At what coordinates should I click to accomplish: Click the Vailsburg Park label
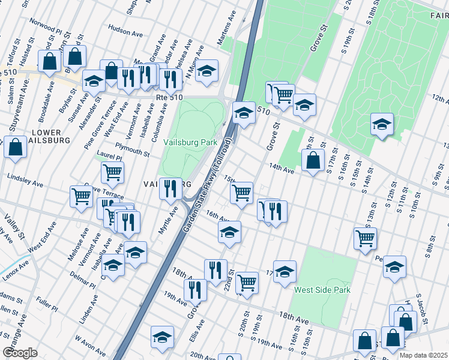[x=190, y=143]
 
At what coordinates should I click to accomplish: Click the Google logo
[x=20, y=352]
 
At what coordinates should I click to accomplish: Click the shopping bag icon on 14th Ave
[x=313, y=160]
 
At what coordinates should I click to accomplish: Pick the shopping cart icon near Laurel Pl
[x=112, y=172]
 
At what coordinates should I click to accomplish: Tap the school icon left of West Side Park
[x=285, y=271]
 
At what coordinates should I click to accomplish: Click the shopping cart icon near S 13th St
[x=365, y=238]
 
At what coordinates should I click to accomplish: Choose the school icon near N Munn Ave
[x=206, y=71]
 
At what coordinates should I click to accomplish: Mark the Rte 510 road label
[x=178, y=97]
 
